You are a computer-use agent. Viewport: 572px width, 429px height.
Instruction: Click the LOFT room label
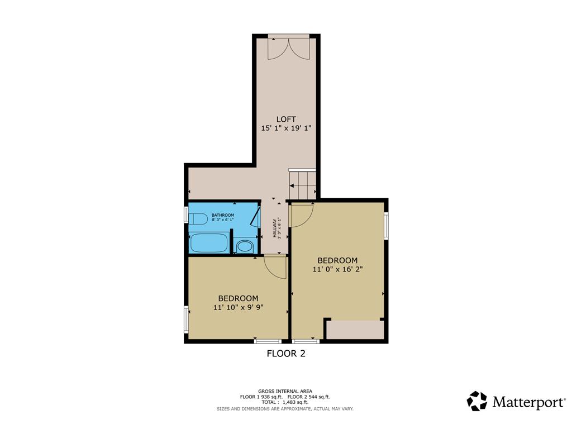(286, 118)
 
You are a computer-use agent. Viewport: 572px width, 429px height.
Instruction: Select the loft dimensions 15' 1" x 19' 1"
(286, 128)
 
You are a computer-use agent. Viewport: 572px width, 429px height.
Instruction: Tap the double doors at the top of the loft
(288, 48)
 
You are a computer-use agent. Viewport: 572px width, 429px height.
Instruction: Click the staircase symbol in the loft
(302, 183)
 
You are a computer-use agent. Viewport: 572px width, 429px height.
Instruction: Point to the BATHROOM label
(223, 215)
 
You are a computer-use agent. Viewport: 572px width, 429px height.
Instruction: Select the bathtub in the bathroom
(209, 244)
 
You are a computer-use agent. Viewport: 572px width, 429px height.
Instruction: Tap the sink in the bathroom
(244, 246)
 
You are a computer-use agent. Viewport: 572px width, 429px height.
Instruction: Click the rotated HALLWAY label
(275, 227)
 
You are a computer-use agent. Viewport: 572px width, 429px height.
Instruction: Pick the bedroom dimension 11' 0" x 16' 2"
(337, 269)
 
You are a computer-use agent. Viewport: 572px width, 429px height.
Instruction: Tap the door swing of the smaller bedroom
(274, 266)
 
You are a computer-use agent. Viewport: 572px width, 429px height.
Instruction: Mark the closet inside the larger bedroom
(354, 330)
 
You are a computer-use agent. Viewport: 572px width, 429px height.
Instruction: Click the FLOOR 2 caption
(285, 353)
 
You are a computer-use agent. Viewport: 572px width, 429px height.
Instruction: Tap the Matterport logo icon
(477, 401)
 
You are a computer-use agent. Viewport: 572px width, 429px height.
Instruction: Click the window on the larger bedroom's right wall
(385, 226)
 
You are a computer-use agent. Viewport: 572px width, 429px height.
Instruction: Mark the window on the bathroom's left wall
(187, 216)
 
